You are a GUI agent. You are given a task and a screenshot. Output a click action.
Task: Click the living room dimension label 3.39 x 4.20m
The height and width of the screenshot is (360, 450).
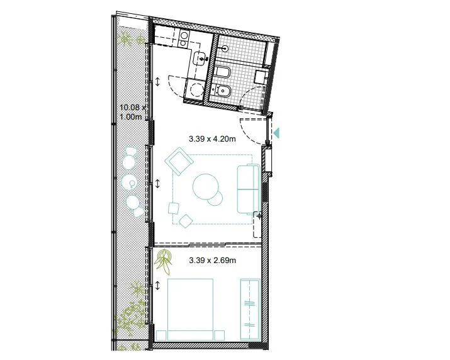tap(212, 139)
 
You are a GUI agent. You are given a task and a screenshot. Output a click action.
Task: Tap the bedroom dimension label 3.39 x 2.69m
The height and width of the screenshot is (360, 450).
tap(212, 261)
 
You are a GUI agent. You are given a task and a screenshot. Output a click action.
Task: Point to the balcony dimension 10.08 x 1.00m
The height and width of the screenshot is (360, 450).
tap(133, 112)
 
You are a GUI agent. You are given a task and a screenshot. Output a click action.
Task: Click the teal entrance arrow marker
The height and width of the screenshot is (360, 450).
tap(276, 133)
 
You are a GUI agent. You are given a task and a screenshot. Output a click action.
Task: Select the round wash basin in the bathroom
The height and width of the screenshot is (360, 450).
tap(225, 48)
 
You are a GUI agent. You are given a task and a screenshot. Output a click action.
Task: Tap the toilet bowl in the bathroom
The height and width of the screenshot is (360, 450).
tap(222, 72)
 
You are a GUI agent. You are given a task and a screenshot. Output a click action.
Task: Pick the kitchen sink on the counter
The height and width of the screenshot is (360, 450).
tap(200, 59)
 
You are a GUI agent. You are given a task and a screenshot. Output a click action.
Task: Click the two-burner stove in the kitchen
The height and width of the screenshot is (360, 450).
tap(184, 39)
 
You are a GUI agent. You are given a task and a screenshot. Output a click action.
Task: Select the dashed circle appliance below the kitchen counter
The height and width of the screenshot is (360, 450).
tap(197, 89)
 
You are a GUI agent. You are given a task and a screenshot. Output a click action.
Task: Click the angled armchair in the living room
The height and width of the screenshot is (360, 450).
tap(179, 161)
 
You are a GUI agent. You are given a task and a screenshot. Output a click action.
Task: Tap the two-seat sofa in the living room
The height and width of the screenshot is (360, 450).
tap(249, 189)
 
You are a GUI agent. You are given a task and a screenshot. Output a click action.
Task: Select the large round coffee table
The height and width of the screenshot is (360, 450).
tap(205, 187)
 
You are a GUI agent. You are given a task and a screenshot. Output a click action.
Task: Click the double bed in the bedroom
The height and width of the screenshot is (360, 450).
tap(190, 310)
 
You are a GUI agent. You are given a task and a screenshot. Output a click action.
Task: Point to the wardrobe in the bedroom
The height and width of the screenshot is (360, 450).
tap(250, 310)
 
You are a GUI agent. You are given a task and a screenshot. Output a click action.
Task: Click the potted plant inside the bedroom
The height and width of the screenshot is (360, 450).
tap(164, 262)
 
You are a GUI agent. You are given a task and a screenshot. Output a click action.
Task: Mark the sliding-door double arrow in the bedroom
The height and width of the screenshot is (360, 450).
tap(157, 286)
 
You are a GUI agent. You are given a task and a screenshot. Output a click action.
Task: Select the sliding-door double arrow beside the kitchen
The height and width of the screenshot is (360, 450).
tap(157, 82)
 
